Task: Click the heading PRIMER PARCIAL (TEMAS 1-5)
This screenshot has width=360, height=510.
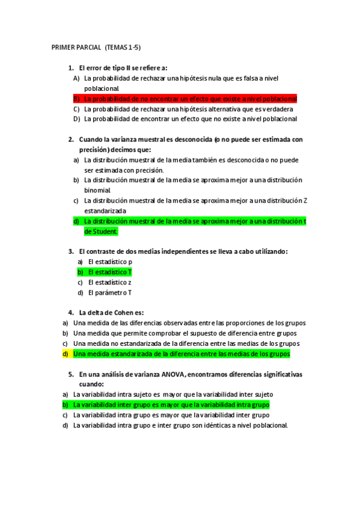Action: pyautogui.click(x=96, y=47)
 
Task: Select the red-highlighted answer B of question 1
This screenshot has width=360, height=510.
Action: pyautogui.click(x=191, y=99)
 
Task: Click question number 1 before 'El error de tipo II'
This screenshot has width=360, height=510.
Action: pyautogui.click(x=71, y=67)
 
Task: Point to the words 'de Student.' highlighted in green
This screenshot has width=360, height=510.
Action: pyautogui.click(x=101, y=232)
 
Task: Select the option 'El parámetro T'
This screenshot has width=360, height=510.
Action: pyautogui.click(x=110, y=293)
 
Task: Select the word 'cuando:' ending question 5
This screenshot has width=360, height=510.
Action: pyautogui.click(x=92, y=384)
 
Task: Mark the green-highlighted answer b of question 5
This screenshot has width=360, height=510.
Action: pyautogui.click(x=171, y=405)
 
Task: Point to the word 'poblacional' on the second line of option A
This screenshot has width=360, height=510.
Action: pyautogui.click(x=102, y=88)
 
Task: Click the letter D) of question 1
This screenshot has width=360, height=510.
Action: pyautogui.click(x=76, y=119)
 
